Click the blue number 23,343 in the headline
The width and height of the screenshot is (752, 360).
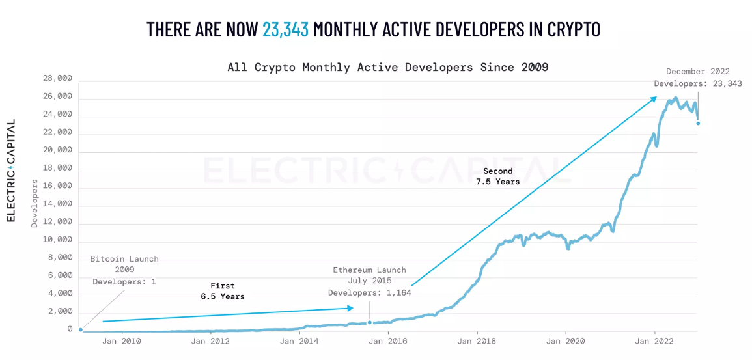(285, 29)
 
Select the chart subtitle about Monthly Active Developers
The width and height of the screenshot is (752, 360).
(387, 67)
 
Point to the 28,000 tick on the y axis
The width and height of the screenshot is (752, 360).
(57, 79)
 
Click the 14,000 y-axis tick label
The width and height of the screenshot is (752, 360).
(57, 204)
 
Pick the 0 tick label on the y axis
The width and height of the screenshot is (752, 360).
(70, 329)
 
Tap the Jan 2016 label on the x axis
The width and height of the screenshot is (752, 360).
(387, 340)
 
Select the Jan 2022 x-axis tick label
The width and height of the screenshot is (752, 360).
(654, 340)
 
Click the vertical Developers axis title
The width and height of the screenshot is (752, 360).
(35, 203)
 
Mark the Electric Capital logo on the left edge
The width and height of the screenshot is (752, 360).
(11, 171)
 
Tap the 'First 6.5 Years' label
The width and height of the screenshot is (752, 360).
(223, 291)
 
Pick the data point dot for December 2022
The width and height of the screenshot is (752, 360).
(698, 124)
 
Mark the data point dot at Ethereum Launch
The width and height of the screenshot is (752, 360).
(370, 322)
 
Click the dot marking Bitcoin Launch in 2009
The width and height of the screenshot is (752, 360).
(80, 329)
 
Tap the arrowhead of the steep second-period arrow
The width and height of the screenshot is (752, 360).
(654, 98)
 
